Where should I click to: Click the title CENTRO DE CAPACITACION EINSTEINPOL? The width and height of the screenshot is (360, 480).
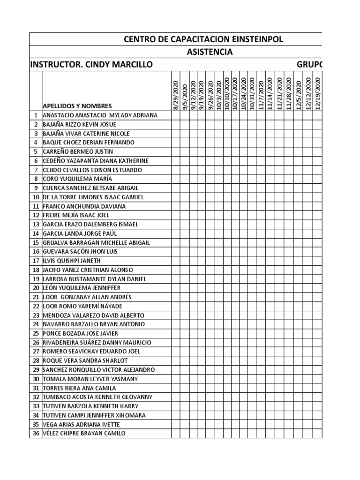(x=203, y=39)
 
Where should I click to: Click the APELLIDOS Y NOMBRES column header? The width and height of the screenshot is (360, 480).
(x=77, y=106)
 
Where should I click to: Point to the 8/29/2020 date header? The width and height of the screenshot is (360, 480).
(x=176, y=94)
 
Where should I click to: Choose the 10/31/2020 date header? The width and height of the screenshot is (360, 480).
(x=253, y=94)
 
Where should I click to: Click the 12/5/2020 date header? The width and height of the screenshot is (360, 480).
(x=298, y=94)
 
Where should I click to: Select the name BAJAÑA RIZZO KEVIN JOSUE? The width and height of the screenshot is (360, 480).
(x=79, y=124)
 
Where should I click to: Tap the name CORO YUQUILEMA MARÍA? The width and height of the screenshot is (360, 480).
(x=77, y=179)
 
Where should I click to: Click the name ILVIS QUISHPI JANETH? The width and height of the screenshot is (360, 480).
(x=71, y=261)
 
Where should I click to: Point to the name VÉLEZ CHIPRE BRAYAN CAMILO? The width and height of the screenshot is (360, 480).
(x=84, y=434)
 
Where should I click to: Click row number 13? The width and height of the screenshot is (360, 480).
(x=36, y=224)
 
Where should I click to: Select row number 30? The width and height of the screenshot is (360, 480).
(x=36, y=379)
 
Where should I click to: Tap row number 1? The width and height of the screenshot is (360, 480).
(x=36, y=115)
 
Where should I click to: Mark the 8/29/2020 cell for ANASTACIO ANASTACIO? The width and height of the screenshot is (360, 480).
(x=176, y=115)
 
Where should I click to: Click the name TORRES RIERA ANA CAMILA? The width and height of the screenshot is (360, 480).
(x=79, y=388)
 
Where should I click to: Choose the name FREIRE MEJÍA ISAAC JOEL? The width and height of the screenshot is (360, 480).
(x=75, y=215)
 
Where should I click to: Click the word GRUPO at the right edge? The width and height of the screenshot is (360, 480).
(x=310, y=64)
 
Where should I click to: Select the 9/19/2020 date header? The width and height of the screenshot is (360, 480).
(x=202, y=94)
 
